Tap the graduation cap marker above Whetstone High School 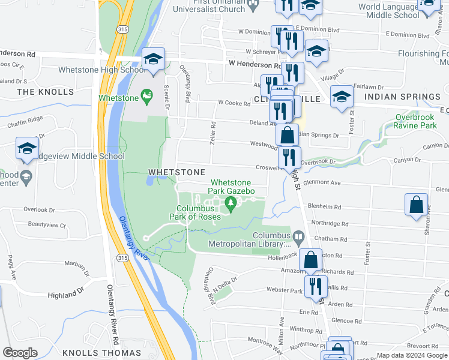tap(154, 60)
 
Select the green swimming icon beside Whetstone tap(146, 95)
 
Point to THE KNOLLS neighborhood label tap(46, 92)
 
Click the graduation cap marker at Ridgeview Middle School tap(27, 149)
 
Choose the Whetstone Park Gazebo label tap(232, 187)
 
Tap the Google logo tap(20, 353)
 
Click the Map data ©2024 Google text tap(412, 355)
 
